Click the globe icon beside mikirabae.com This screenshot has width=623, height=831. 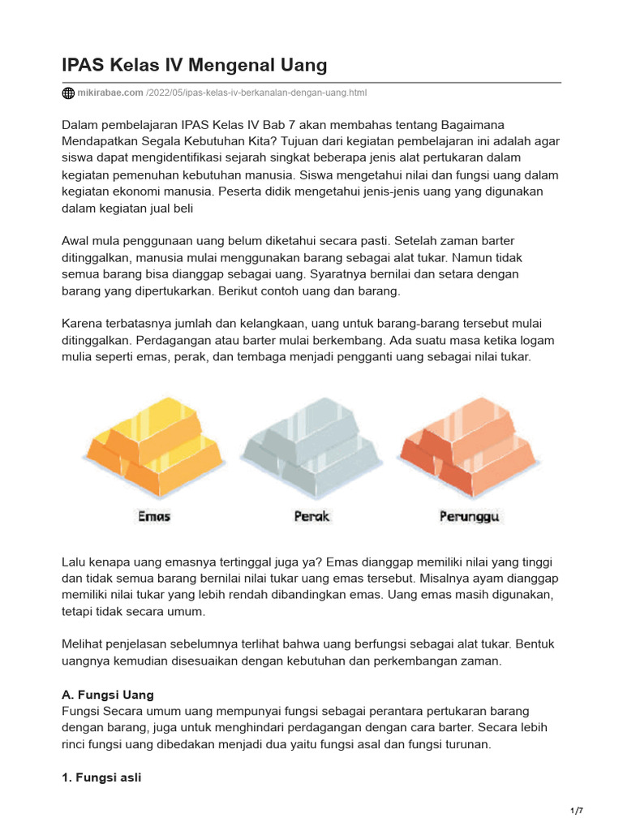tap(68, 93)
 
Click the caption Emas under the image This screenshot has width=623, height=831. tap(154, 516)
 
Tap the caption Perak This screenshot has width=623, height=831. tap(311, 516)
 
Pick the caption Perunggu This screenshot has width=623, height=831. tap(470, 516)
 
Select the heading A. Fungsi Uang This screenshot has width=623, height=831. tap(108, 695)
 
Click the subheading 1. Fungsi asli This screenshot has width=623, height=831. tap(101, 777)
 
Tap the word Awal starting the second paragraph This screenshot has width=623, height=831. tap(77, 241)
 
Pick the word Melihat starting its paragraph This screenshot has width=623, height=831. tap(84, 644)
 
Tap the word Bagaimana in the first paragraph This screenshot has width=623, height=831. tap(472, 124)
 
